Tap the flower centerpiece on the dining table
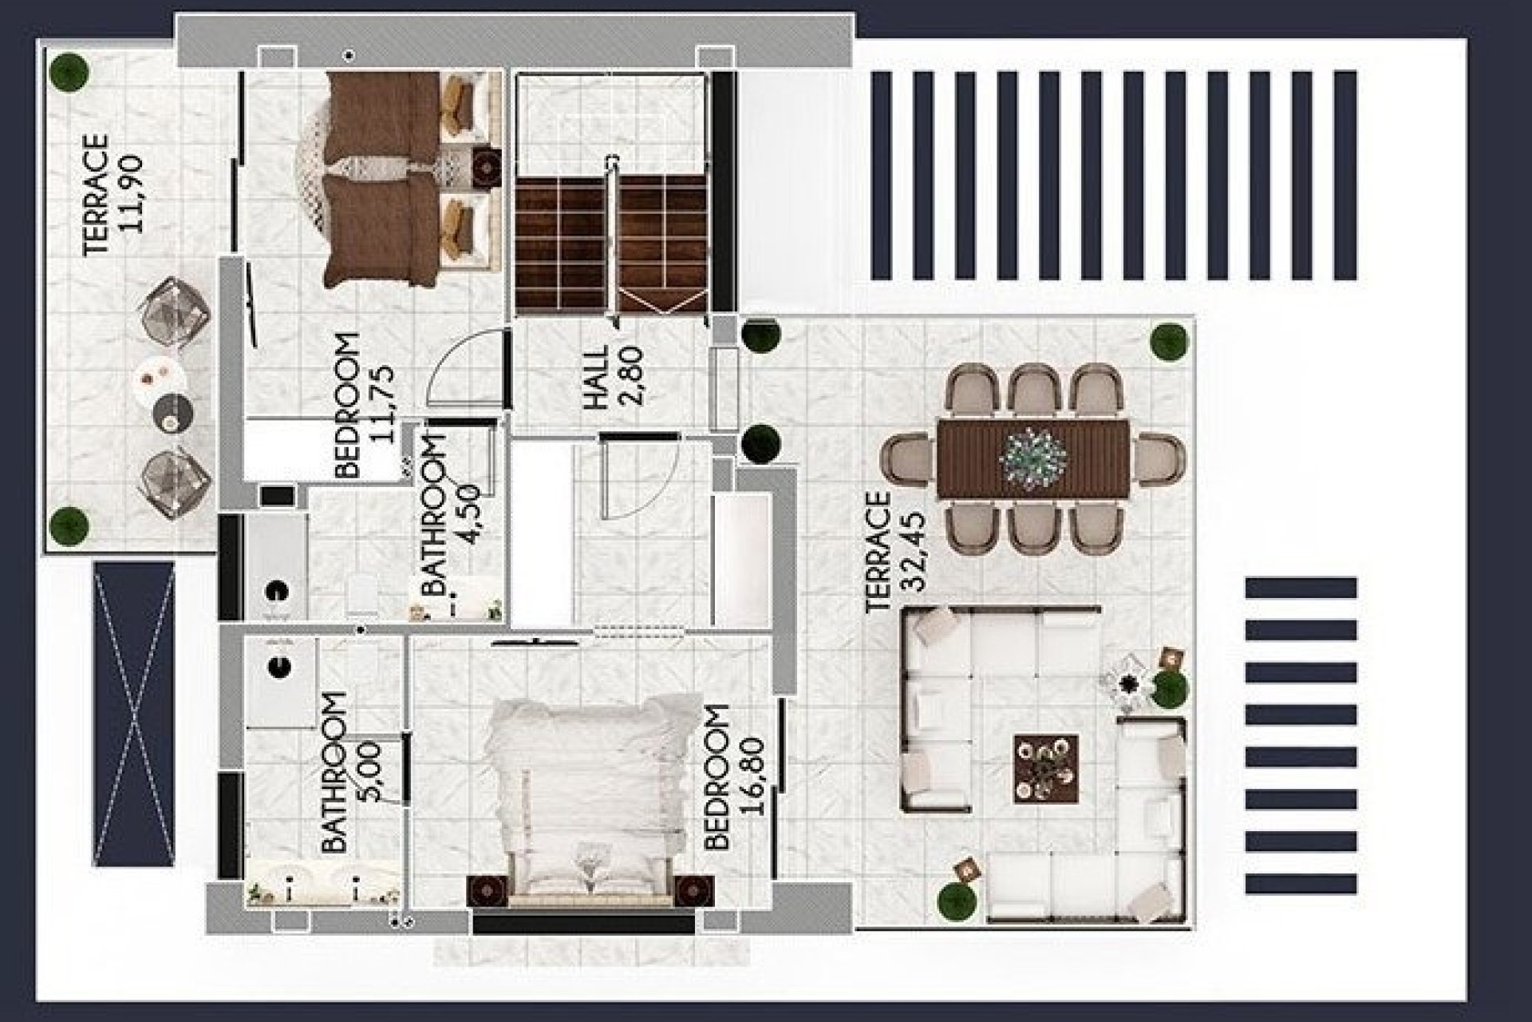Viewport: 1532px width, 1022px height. (1033, 458)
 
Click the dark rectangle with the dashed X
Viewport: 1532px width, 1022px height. (133, 713)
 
